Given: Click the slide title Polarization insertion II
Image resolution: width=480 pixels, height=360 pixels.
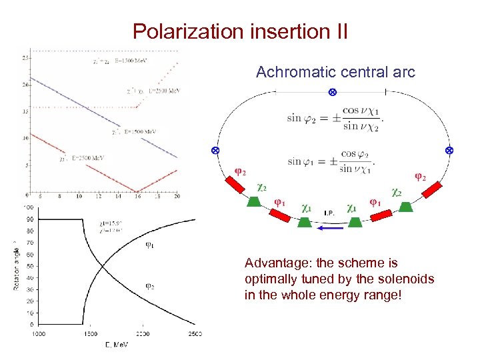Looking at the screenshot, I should (240, 31).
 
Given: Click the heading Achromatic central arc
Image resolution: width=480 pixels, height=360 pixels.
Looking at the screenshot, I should (335, 72).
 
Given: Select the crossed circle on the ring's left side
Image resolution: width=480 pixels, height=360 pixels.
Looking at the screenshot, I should (215, 151).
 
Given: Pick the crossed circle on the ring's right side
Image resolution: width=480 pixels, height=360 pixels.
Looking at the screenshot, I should (449, 151).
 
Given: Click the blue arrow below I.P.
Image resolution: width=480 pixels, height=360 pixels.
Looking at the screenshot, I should (330, 228).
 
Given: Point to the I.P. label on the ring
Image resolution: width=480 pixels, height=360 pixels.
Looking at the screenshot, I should (329, 213).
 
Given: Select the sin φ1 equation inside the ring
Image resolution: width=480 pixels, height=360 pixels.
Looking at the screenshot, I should (331, 160).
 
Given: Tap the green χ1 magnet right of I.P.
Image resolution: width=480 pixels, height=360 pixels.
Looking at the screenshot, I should (355, 221).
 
